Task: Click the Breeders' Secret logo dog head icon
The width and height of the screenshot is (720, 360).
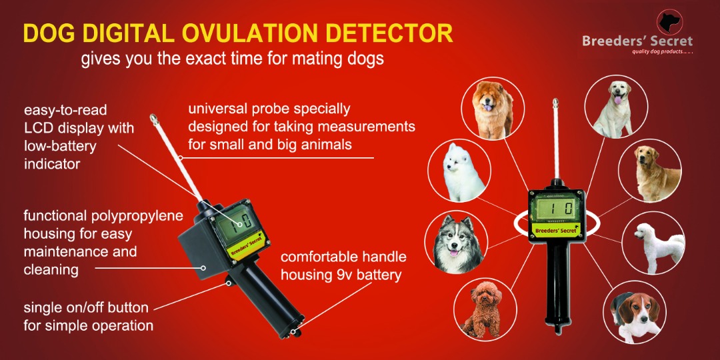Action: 669,23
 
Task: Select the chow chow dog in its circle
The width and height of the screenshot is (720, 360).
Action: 494,109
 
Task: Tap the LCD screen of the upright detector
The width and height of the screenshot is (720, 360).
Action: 557,209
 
